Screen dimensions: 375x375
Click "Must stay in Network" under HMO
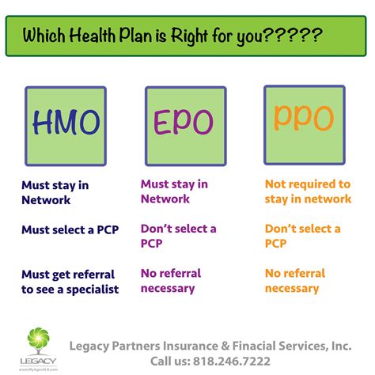click(x=57, y=193)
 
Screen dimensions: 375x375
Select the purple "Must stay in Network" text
click(x=174, y=191)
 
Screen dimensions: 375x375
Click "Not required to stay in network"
click(x=307, y=191)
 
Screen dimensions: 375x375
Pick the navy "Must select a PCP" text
click(x=70, y=231)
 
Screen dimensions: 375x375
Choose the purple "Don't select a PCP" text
click(x=178, y=237)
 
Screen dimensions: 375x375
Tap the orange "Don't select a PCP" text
click(x=302, y=237)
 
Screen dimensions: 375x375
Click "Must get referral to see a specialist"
click(x=70, y=282)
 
